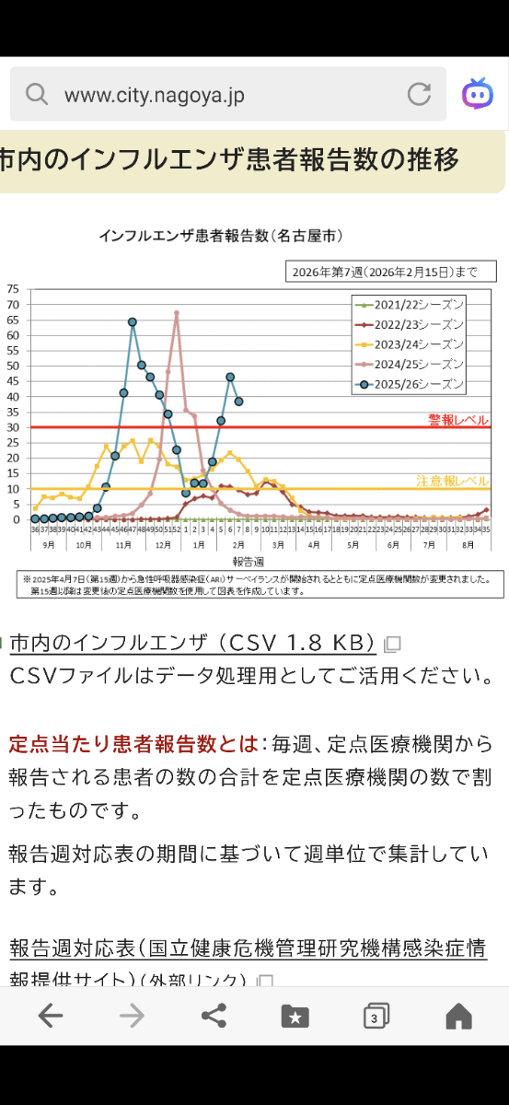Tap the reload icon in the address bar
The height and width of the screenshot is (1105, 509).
coord(419,94)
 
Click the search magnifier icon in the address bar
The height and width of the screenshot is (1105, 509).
coord(37,94)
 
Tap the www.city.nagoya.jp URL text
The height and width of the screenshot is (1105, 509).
coord(154,95)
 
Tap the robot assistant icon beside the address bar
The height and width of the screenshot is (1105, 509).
coord(477,93)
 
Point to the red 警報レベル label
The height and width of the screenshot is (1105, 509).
coord(457,420)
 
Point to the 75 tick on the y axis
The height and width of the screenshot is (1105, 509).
coord(13,289)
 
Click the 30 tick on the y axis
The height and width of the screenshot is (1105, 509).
coord(13,427)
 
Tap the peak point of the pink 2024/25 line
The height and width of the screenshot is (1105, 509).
coord(176,314)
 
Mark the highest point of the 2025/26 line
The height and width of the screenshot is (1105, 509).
coord(133,322)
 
